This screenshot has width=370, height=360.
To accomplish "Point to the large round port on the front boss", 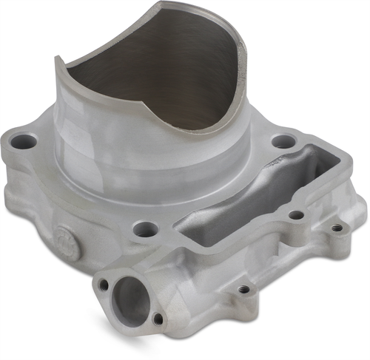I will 132,301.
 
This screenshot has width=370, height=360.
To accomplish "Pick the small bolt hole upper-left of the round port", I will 104,284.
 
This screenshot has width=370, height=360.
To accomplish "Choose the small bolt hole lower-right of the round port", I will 158,319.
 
